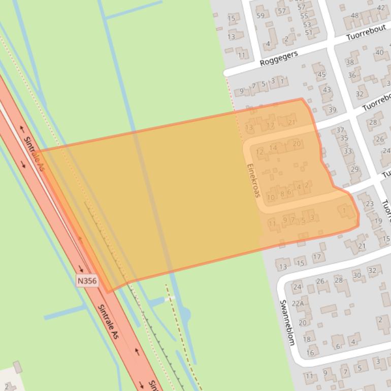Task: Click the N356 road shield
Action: (87, 281)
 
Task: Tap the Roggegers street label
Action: (278, 58)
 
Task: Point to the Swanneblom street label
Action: (287, 322)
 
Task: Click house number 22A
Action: (298, 304)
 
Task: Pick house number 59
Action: (260, 15)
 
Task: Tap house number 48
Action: (354, 15)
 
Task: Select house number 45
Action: (321, 75)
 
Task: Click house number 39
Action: (332, 110)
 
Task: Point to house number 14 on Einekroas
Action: (273, 148)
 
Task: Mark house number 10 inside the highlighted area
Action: (271, 197)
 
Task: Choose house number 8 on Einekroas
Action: (282, 193)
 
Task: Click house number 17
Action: (317, 257)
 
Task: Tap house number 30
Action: (357, 275)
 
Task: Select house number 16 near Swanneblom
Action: (310, 352)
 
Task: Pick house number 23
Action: (369, 204)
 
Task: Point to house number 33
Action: (347, 151)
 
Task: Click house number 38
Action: (349, 62)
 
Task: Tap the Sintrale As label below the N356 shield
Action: (111, 322)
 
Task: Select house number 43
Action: (327, 90)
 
